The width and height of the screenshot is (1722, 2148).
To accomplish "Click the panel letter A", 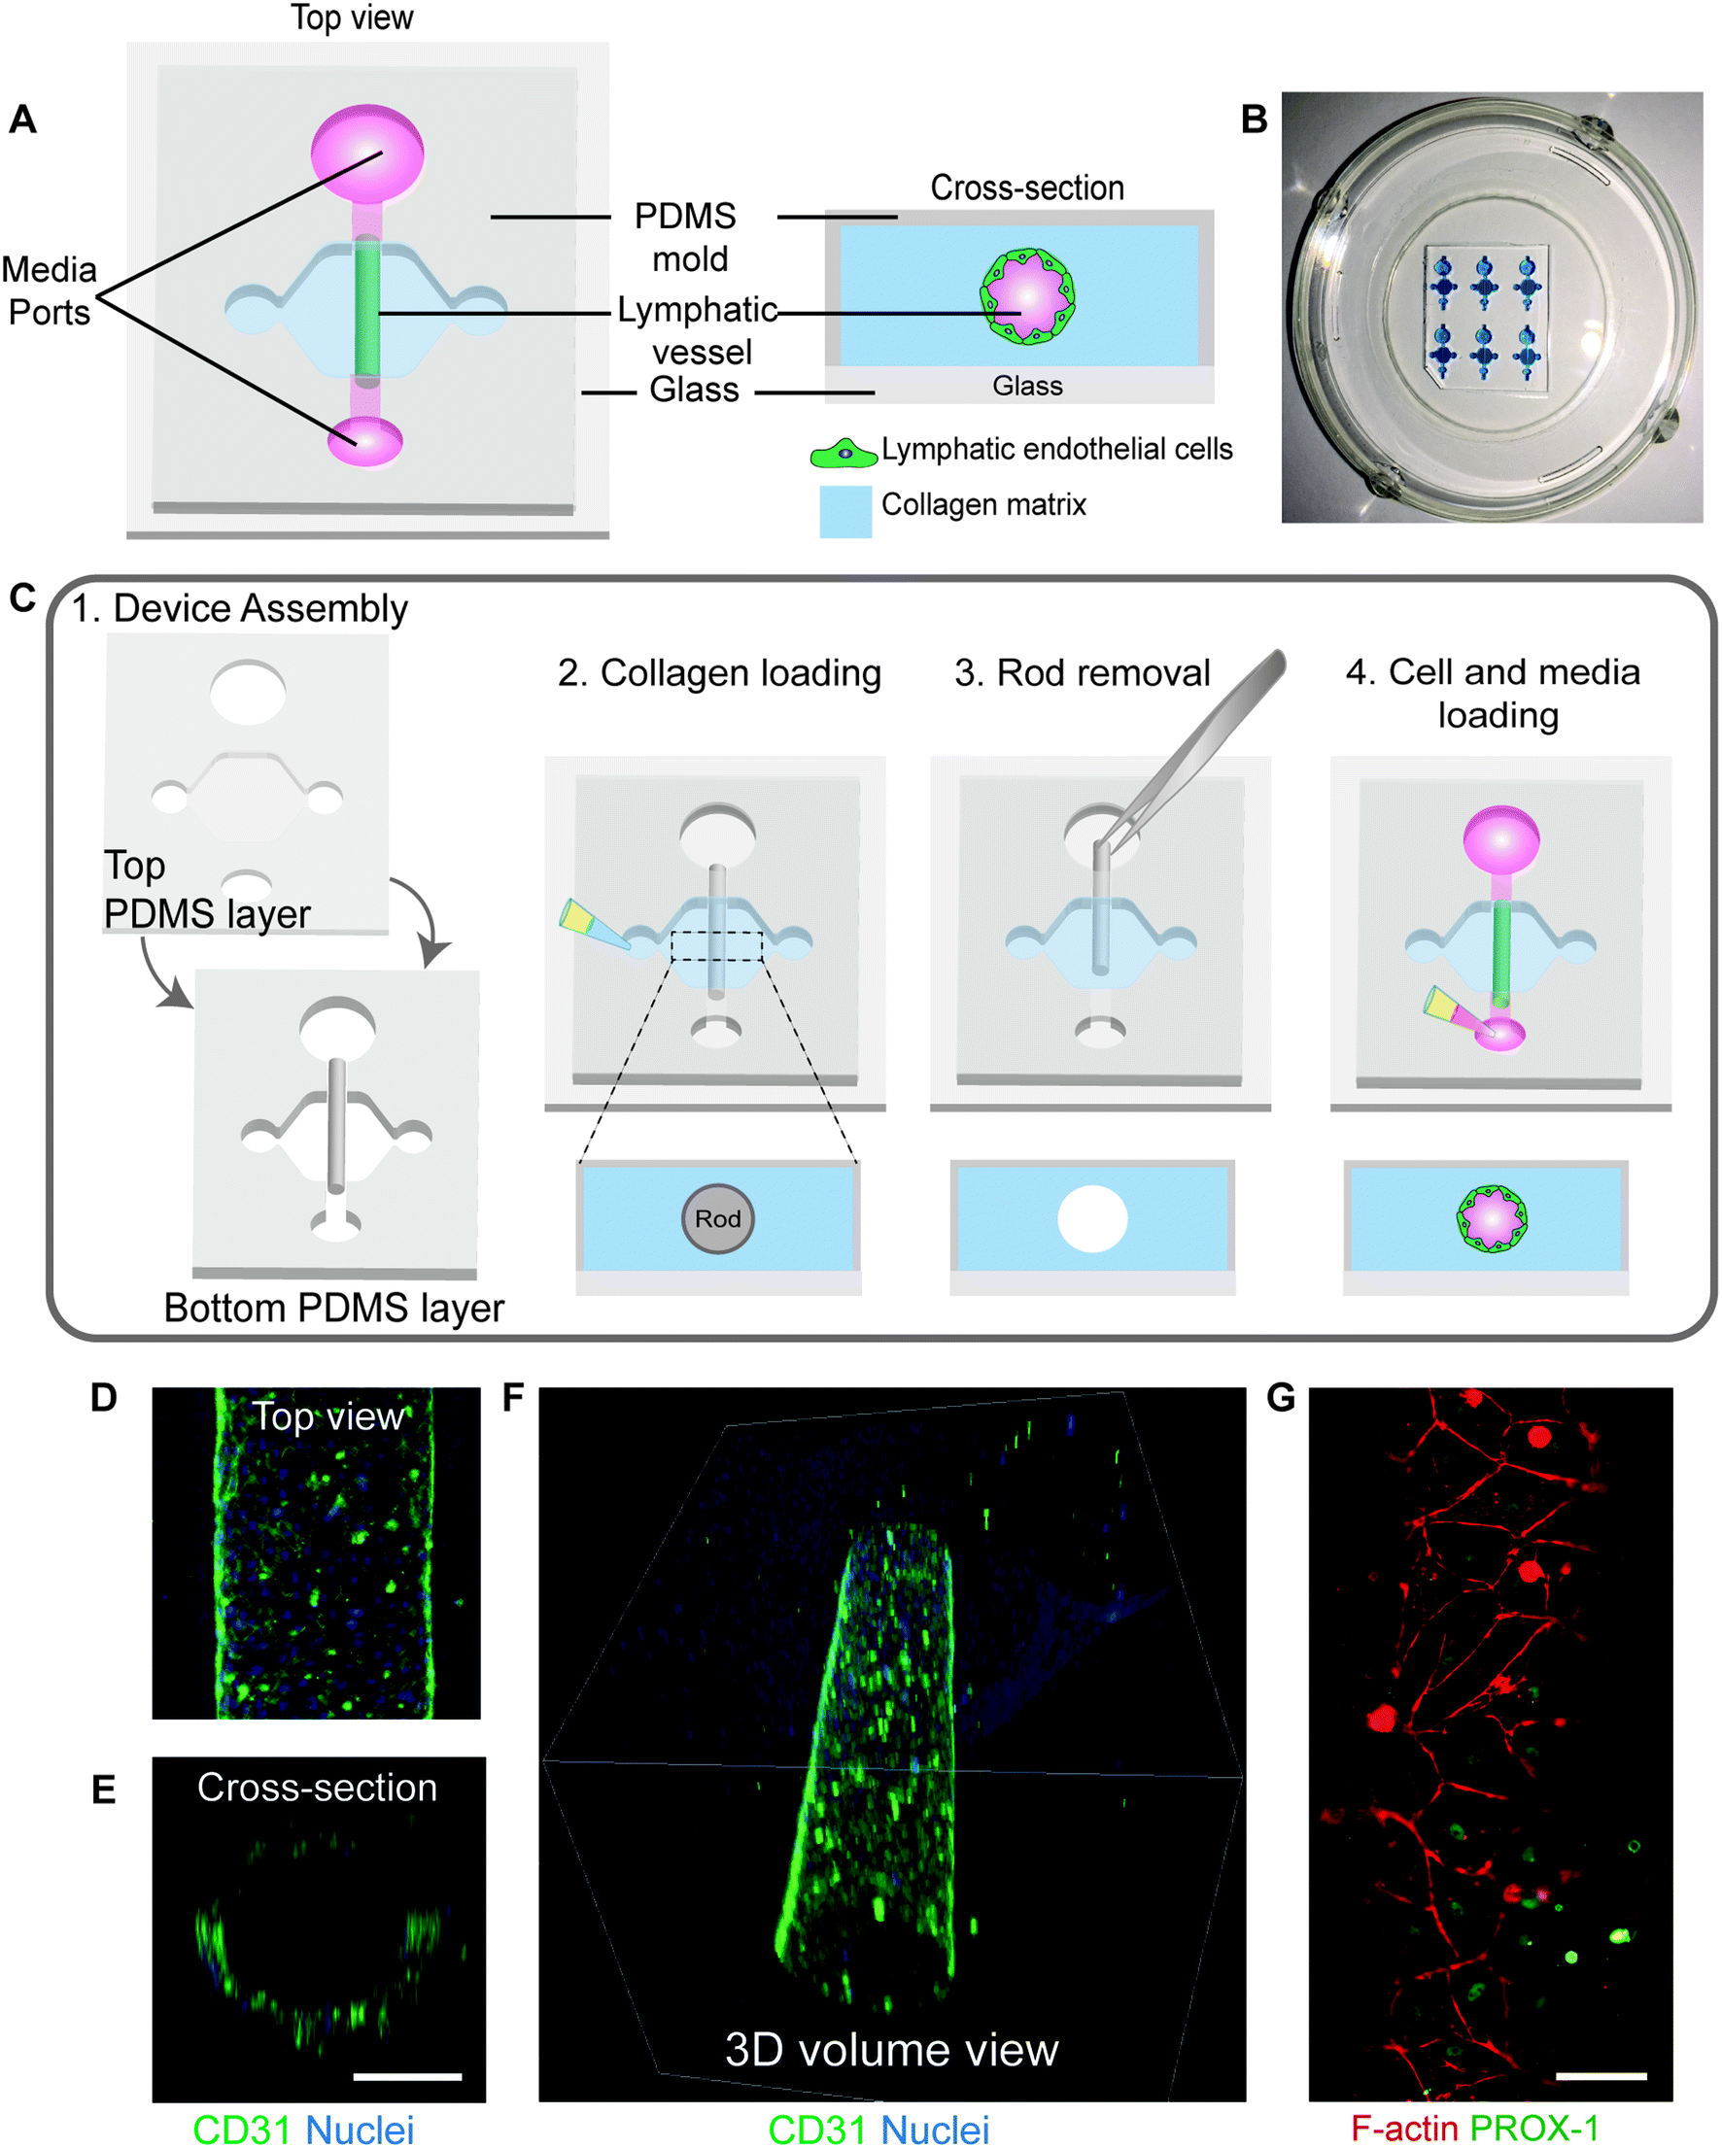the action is coord(23,119).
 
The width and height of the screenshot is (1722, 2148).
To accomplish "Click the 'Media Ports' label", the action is coord(49,290).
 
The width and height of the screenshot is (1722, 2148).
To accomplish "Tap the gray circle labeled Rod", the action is coord(717,1218).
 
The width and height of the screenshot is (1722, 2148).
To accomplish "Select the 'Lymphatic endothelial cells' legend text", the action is coord(1056,450).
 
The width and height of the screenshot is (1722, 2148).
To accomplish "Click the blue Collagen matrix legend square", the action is coord(845,512).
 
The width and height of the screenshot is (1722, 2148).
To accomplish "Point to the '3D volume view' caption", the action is coord(891,2050).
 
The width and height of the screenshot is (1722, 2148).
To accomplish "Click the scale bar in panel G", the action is coord(1601,2076).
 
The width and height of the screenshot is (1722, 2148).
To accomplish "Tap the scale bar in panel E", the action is coord(406,2076).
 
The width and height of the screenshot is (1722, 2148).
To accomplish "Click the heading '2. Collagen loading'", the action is coord(719,673).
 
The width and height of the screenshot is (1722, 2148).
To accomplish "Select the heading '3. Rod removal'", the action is coord(1083,673).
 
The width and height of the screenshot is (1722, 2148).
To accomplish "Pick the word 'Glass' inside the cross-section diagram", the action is coord(1027,387).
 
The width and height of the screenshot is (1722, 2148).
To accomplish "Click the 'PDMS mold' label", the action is coord(687,237).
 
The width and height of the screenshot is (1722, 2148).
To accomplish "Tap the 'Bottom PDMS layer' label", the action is coord(334,1308).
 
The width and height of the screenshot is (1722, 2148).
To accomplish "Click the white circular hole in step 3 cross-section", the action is coord(1092,1218).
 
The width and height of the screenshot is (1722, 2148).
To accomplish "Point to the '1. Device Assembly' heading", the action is coord(239,609).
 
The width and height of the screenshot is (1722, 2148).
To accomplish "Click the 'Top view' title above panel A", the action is coord(352,17).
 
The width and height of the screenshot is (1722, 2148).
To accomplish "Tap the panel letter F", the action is coord(513,1398).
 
